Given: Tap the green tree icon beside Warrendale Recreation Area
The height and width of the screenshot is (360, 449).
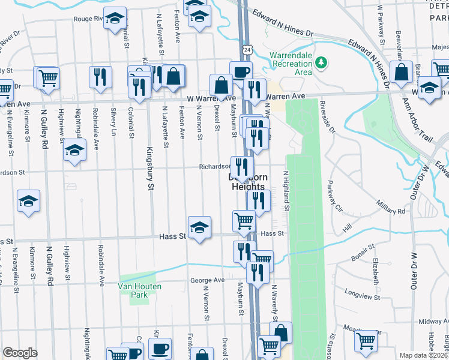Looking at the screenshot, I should pos(322,62).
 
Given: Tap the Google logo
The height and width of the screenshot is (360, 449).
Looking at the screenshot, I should pos(20,352).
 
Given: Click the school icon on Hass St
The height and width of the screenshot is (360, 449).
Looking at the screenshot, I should pos(199,227).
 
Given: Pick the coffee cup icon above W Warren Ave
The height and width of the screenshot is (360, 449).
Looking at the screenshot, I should pos(241,72).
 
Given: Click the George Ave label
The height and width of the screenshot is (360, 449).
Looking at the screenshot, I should pos(207,280).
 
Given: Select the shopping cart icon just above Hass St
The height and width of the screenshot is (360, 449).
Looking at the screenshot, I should pos(244,221).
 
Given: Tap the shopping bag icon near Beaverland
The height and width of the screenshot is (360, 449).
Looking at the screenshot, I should pos(400,73).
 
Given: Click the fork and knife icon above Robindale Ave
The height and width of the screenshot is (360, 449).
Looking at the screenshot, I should pos(100,77).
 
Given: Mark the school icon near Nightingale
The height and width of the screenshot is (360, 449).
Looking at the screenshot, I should pos(74,150).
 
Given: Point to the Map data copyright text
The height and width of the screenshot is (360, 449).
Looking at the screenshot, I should pos(423,355).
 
